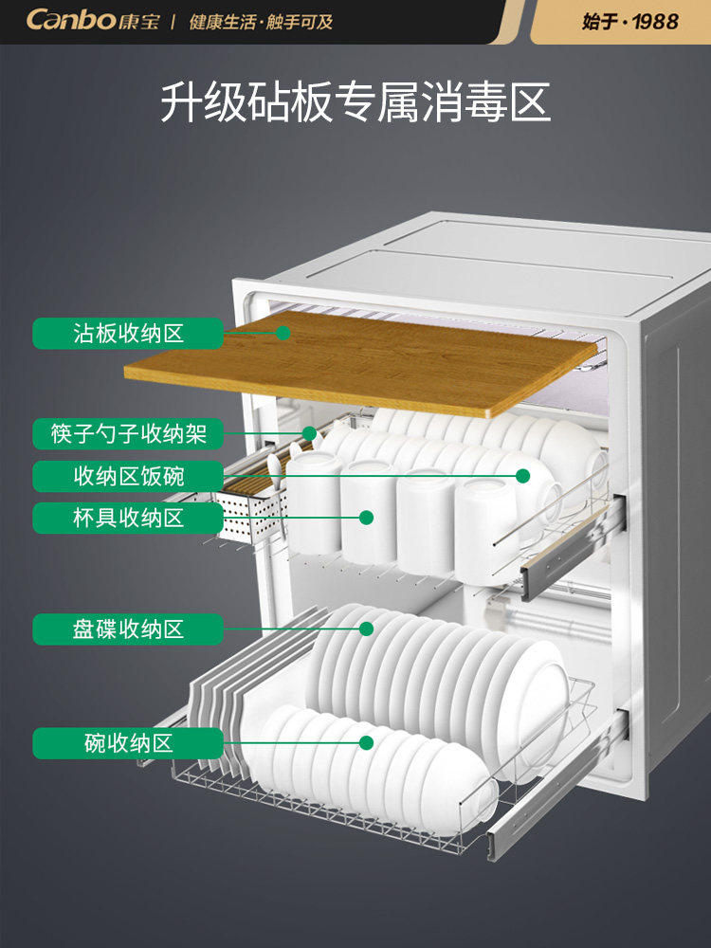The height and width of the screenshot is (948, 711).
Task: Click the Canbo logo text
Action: [70, 20]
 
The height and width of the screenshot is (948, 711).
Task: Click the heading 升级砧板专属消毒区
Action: [355, 102]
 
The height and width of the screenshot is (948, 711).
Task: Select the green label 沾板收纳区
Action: [128, 333]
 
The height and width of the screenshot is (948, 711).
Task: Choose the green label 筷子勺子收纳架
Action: [128, 433]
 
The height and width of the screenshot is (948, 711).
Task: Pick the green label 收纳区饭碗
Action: [128, 476]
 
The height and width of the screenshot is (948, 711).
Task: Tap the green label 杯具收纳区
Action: [128, 518]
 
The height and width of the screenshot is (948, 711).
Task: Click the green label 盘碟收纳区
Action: [128, 629]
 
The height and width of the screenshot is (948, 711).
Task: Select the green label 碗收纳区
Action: [128, 743]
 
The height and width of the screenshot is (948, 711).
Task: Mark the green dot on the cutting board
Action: [283, 333]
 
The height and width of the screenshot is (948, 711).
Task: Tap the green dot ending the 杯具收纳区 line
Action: [365, 518]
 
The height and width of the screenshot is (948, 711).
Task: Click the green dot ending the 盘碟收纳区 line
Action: [365, 629]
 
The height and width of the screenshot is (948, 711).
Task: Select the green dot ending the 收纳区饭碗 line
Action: [522, 476]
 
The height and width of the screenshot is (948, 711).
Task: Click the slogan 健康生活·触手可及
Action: [261, 21]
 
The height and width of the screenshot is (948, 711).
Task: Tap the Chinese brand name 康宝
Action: [139, 21]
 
